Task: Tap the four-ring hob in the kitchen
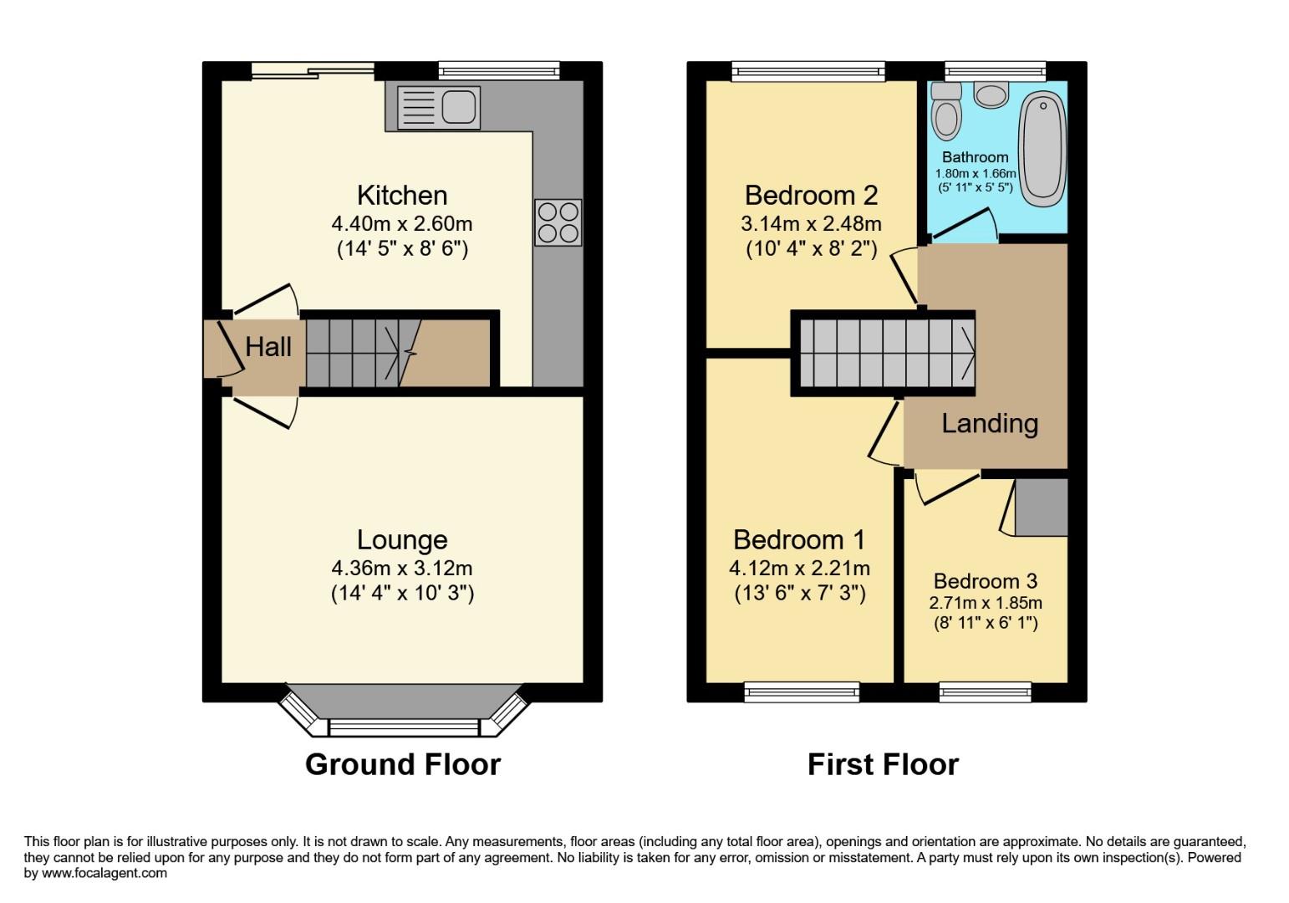[x=558, y=222]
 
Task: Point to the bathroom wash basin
[x=992, y=94]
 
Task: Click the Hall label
[x=268, y=346]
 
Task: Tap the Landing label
[x=990, y=423]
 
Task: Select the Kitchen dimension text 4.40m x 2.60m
[x=402, y=223]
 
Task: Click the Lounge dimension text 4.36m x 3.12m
[x=402, y=569]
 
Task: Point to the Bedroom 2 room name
[x=811, y=195]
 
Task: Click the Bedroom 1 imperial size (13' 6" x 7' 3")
[x=800, y=594]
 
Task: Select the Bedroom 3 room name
[x=986, y=581]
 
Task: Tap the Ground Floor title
[x=402, y=764]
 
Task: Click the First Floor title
[x=883, y=764]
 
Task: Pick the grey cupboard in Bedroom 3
[x=1041, y=508]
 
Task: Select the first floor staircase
[x=884, y=352]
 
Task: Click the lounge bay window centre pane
[x=403, y=727]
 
